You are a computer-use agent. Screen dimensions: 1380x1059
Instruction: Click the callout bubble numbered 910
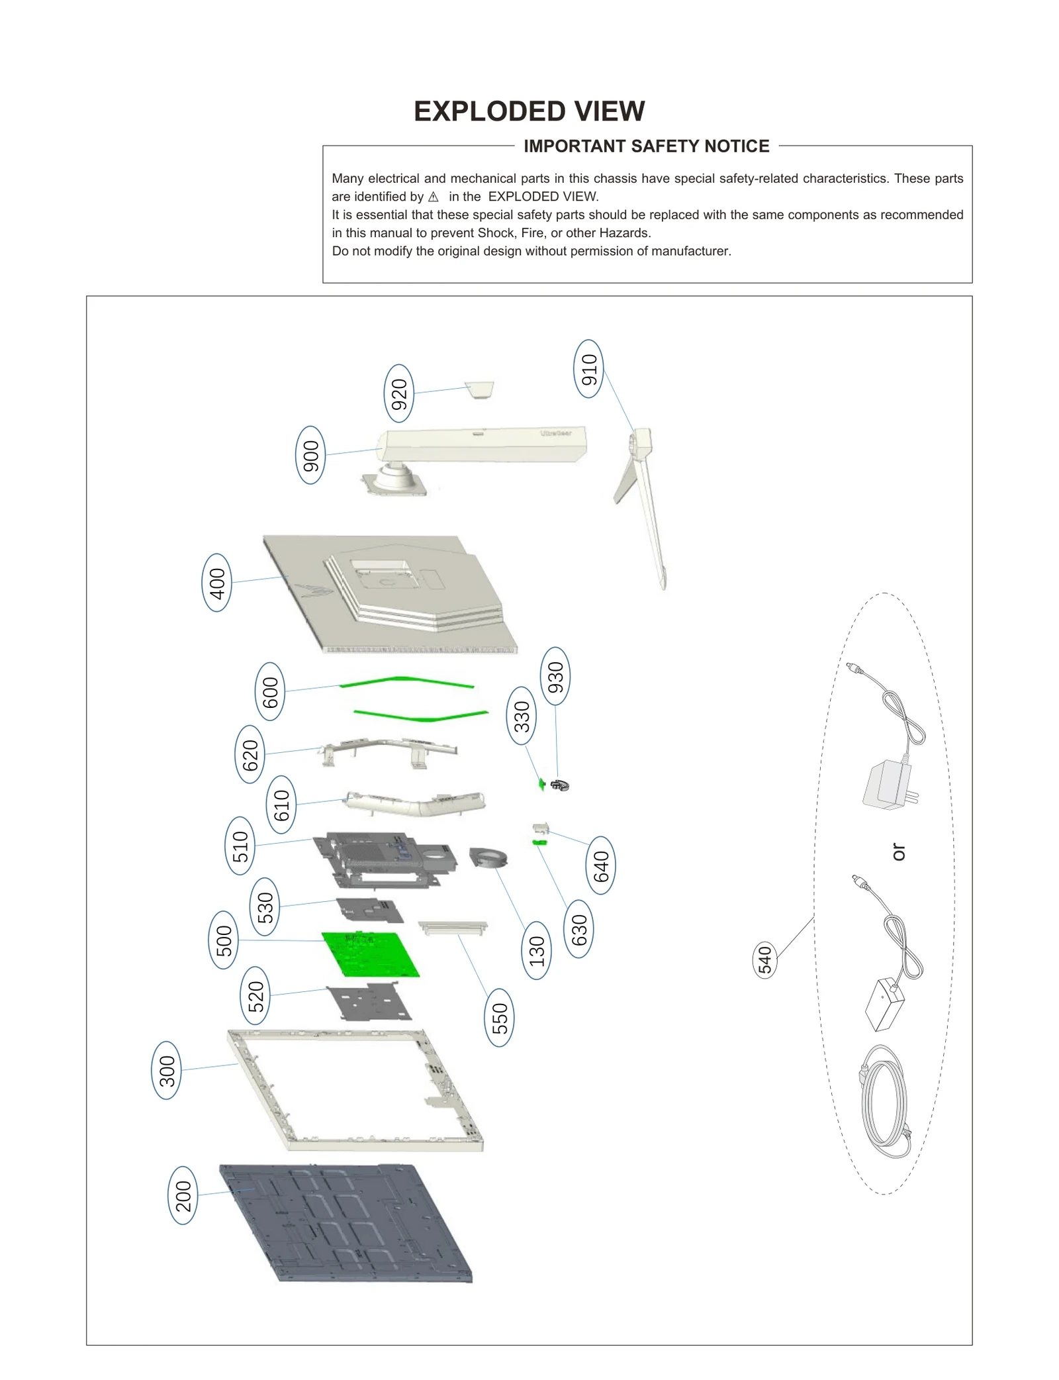click(x=588, y=369)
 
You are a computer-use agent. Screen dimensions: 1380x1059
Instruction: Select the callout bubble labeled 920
click(x=398, y=393)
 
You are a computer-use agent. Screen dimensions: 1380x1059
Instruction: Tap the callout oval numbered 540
click(x=764, y=960)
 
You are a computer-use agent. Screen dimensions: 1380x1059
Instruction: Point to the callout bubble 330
click(x=522, y=716)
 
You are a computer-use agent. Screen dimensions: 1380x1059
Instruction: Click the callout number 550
click(x=499, y=1017)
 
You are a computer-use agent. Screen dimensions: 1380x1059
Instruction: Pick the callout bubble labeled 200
click(x=183, y=1195)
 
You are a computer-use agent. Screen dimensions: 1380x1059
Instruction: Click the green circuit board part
click(x=371, y=954)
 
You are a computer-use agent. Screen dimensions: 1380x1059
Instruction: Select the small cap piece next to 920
click(x=480, y=389)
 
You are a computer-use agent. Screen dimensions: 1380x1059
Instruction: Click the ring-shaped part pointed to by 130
click(x=488, y=858)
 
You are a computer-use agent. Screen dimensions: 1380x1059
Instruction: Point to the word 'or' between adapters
click(x=898, y=851)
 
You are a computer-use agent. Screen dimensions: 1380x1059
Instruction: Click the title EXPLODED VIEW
click(x=529, y=111)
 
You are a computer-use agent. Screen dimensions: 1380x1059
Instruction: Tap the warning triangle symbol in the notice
click(x=433, y=197)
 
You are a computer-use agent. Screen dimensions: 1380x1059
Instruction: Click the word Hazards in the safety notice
click(x=623, y=233)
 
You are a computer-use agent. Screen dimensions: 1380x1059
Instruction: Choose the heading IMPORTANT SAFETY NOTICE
click(x=646, y=146)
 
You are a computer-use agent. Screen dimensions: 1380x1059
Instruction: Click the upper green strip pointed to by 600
click(x=406, y=680)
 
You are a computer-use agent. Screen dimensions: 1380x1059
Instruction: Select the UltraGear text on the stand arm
click(x=555, y=433)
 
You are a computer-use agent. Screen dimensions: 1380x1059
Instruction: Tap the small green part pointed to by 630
click(x=539, y=842)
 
